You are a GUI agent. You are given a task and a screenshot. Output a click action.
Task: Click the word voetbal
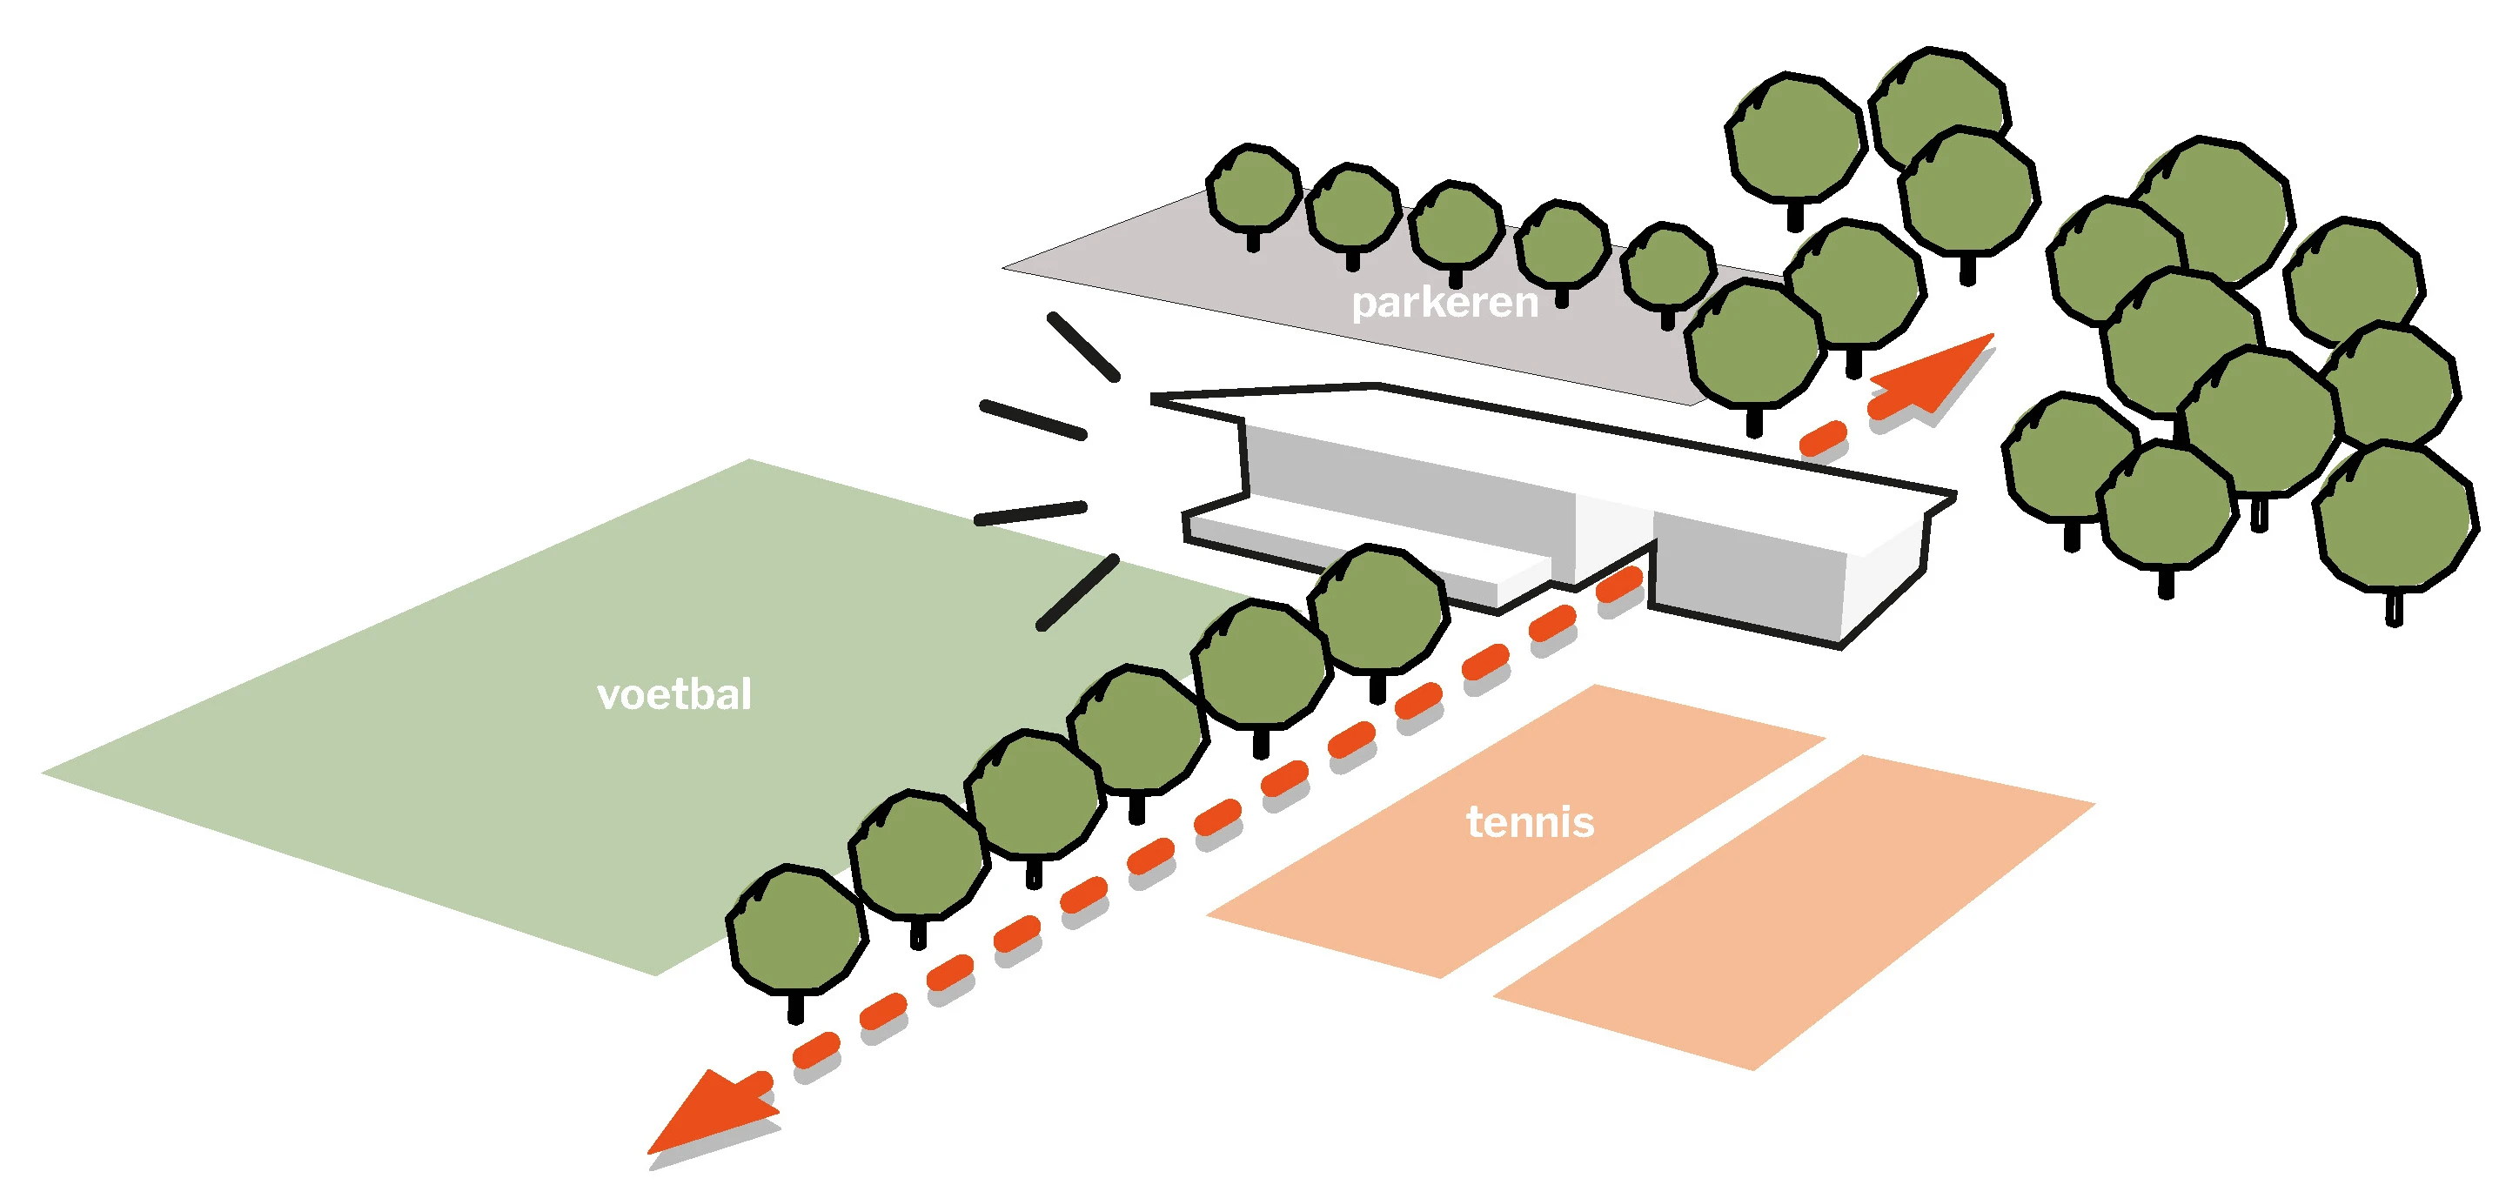[x=673, y=694]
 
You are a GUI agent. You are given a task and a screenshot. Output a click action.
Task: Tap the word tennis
[x=1529, y=822]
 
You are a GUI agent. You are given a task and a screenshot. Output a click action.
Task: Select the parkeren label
[x=1444, y=303]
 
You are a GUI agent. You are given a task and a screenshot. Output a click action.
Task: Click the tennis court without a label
[x=1795, y=912]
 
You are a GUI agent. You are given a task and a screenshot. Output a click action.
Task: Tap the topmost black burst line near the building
[x=1083, y=345]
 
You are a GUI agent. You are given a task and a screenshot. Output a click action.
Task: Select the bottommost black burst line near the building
[x=1078, y=592]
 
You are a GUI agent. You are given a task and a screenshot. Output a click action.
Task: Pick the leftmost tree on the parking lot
[x=1252, y=189]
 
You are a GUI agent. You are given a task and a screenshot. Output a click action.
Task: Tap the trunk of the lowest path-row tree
[x=795, y=1008]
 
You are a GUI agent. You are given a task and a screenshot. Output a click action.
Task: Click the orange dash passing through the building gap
[x=1619, y=584]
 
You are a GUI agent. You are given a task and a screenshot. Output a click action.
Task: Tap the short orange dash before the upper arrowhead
[x=1822, y=439]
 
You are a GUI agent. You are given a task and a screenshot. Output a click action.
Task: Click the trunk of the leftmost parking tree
[x=1252, y=240]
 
